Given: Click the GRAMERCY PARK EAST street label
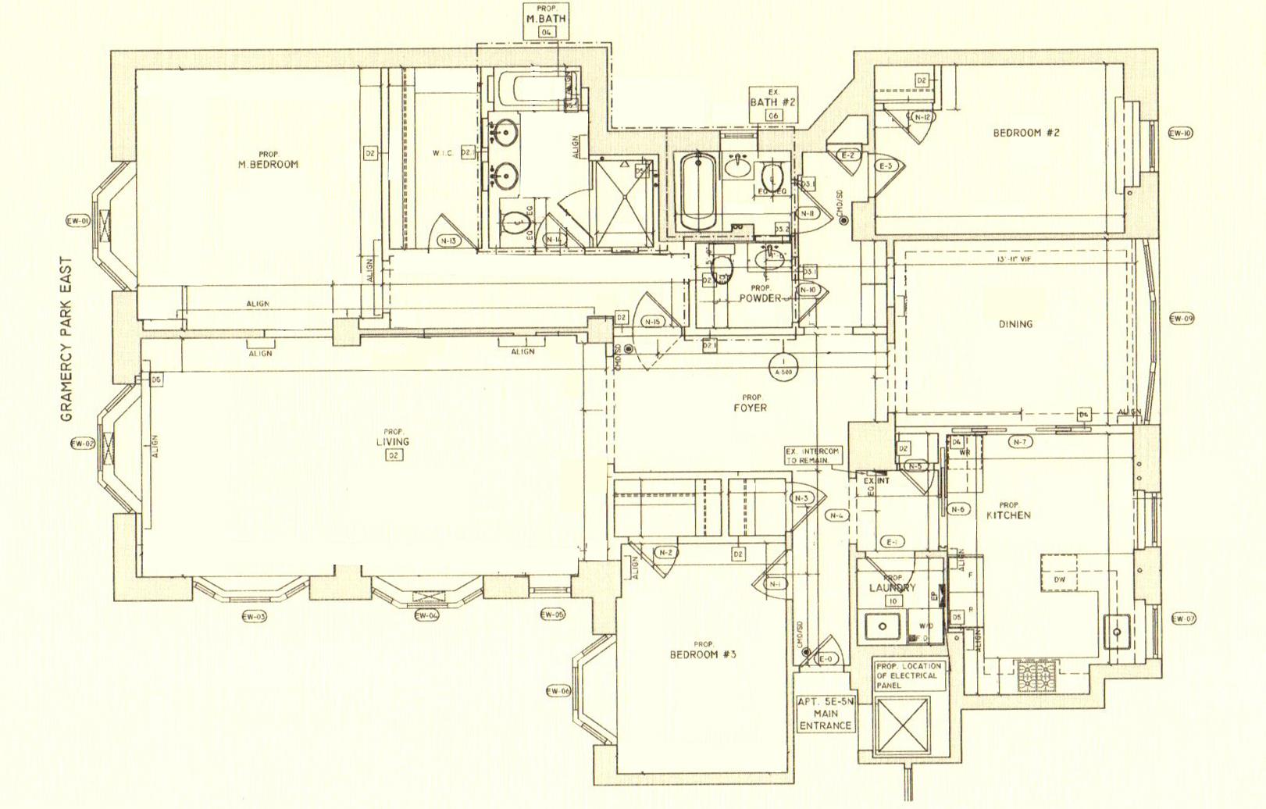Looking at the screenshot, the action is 66,340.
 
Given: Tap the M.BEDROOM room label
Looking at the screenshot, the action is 268,164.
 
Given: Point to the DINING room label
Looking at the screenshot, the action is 1015,324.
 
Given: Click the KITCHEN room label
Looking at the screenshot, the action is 1008,515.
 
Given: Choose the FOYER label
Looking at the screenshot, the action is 751,408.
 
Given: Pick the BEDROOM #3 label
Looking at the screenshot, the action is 703,654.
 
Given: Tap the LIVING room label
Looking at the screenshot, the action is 392,442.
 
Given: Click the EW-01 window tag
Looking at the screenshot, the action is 78,222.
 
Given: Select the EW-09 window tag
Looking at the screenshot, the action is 1181,319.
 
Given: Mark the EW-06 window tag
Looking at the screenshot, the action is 558,691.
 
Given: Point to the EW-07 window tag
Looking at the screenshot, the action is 1184,619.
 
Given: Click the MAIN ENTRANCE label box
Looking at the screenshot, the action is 826,714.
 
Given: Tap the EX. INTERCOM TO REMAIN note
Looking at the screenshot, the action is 812,456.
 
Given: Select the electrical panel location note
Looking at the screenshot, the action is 908,675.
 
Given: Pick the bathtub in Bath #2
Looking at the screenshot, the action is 697,191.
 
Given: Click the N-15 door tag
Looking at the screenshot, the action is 652,322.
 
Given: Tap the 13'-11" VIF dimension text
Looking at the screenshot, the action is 1013,258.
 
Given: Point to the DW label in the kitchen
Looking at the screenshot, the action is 1059,580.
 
